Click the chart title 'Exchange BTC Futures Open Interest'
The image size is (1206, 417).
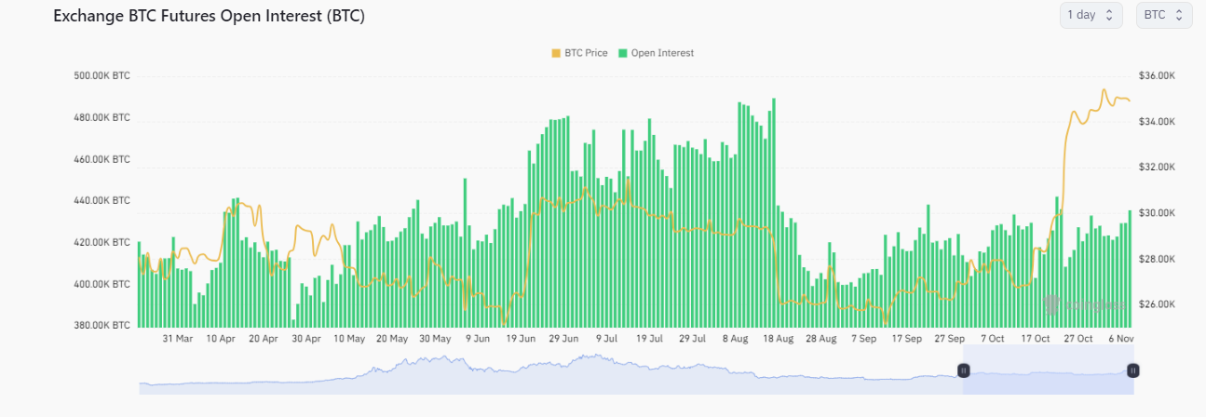click(x=210, y=17)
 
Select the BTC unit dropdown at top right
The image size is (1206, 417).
click(x=1164, y=15)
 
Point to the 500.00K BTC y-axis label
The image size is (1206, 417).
click(x=102, y=76)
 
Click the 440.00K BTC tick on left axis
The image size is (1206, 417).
click(x=102, y=201)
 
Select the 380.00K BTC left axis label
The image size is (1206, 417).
click(x=102, y=326)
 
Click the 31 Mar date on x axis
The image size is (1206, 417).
click(x=178, y=339)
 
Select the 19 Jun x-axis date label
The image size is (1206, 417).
click(x=521, y=339)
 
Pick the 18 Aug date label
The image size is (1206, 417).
click(x=778, y=339)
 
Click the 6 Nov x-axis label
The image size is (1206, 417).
click(x=1120, y=339)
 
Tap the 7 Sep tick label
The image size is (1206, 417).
click(x=863, y=339)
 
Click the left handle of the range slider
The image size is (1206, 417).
click(x=964, y=370)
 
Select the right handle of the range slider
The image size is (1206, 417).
click(x=1132, y=370)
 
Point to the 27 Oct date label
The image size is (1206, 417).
click(x=1077, y=339)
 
